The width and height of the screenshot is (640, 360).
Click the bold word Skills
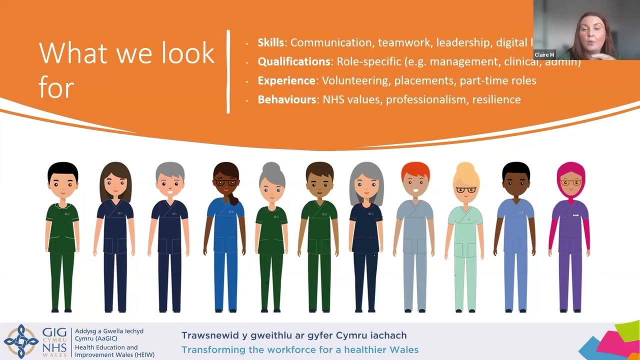(x=270, y=43)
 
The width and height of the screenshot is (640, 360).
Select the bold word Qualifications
(x=293, y=62)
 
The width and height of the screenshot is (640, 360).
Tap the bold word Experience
(x=286, y=80)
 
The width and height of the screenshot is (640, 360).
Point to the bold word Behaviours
(x=286, y=99)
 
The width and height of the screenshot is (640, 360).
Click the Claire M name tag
(x=544, y=54)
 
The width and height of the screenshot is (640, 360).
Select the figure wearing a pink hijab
(x=570, y=235)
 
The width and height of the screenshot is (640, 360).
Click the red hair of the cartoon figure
(x=415, y=171)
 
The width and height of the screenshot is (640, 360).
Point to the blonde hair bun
(x=466, y=167)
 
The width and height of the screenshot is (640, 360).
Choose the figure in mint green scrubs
(x=465, y=240)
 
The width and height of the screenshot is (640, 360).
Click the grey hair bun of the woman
(x=271, y=167)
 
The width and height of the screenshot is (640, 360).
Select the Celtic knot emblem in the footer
(x=20, y=341)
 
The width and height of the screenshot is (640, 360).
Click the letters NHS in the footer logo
(x=54, y=345)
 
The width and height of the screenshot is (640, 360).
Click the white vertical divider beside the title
(x=228, y=71)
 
